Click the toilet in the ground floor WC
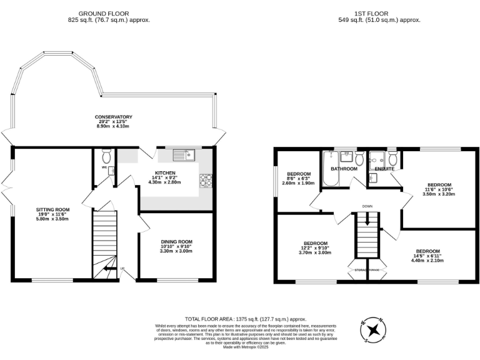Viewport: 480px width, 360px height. pos(106,154)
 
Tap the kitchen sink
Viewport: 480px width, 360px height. pos(184,154)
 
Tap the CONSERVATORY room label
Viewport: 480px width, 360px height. pos(113,117)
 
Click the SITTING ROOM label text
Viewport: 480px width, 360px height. pos(53,209)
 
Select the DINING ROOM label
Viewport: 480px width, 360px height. pos(177,242)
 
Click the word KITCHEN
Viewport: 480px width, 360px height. pos(166,172)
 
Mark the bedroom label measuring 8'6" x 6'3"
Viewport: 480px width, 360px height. pos(299,173)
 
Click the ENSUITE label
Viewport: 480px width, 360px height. pos(384,169)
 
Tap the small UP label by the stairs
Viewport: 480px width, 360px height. pos(122,269)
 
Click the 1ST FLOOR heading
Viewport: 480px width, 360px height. pos(367,13)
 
